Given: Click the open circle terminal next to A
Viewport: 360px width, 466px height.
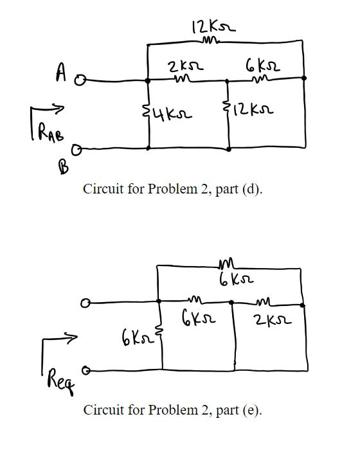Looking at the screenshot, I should tap(80, 82).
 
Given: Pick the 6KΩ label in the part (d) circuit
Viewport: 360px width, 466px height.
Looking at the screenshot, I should tap(261, 66).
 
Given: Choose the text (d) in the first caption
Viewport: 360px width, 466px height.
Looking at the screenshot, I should tap(253, 191).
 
